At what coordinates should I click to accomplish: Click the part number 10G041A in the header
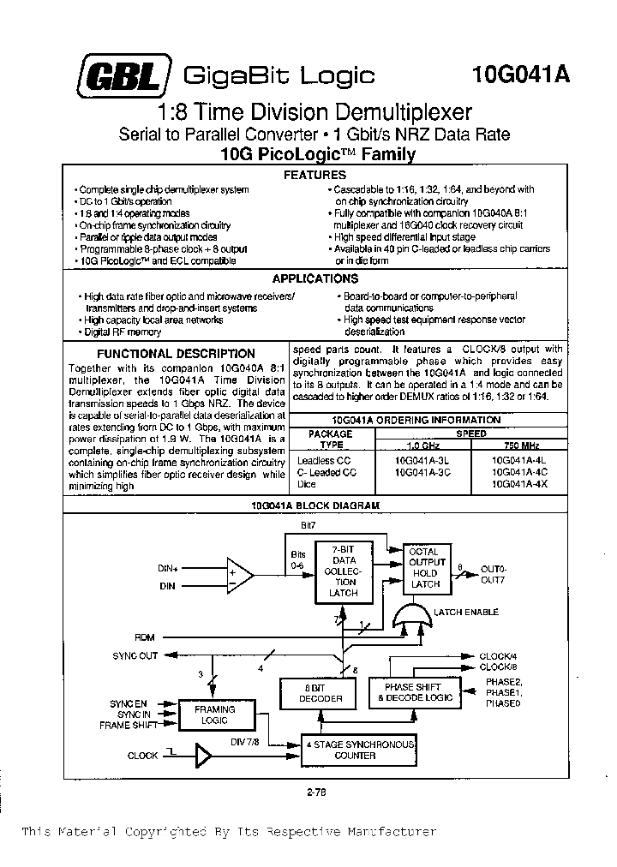[520, 75]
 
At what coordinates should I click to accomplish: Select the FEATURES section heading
[314, 175]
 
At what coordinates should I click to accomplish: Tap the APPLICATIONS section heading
[314, 278]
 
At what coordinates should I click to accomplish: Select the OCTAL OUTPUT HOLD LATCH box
[425, 567]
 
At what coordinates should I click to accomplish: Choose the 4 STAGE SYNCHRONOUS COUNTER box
[362, 750]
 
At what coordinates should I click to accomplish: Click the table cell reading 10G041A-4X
[519, 484]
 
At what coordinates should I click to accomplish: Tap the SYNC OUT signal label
[135, 655]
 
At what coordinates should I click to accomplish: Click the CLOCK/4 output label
[498, 655]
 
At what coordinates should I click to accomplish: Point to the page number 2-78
[315, 793]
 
